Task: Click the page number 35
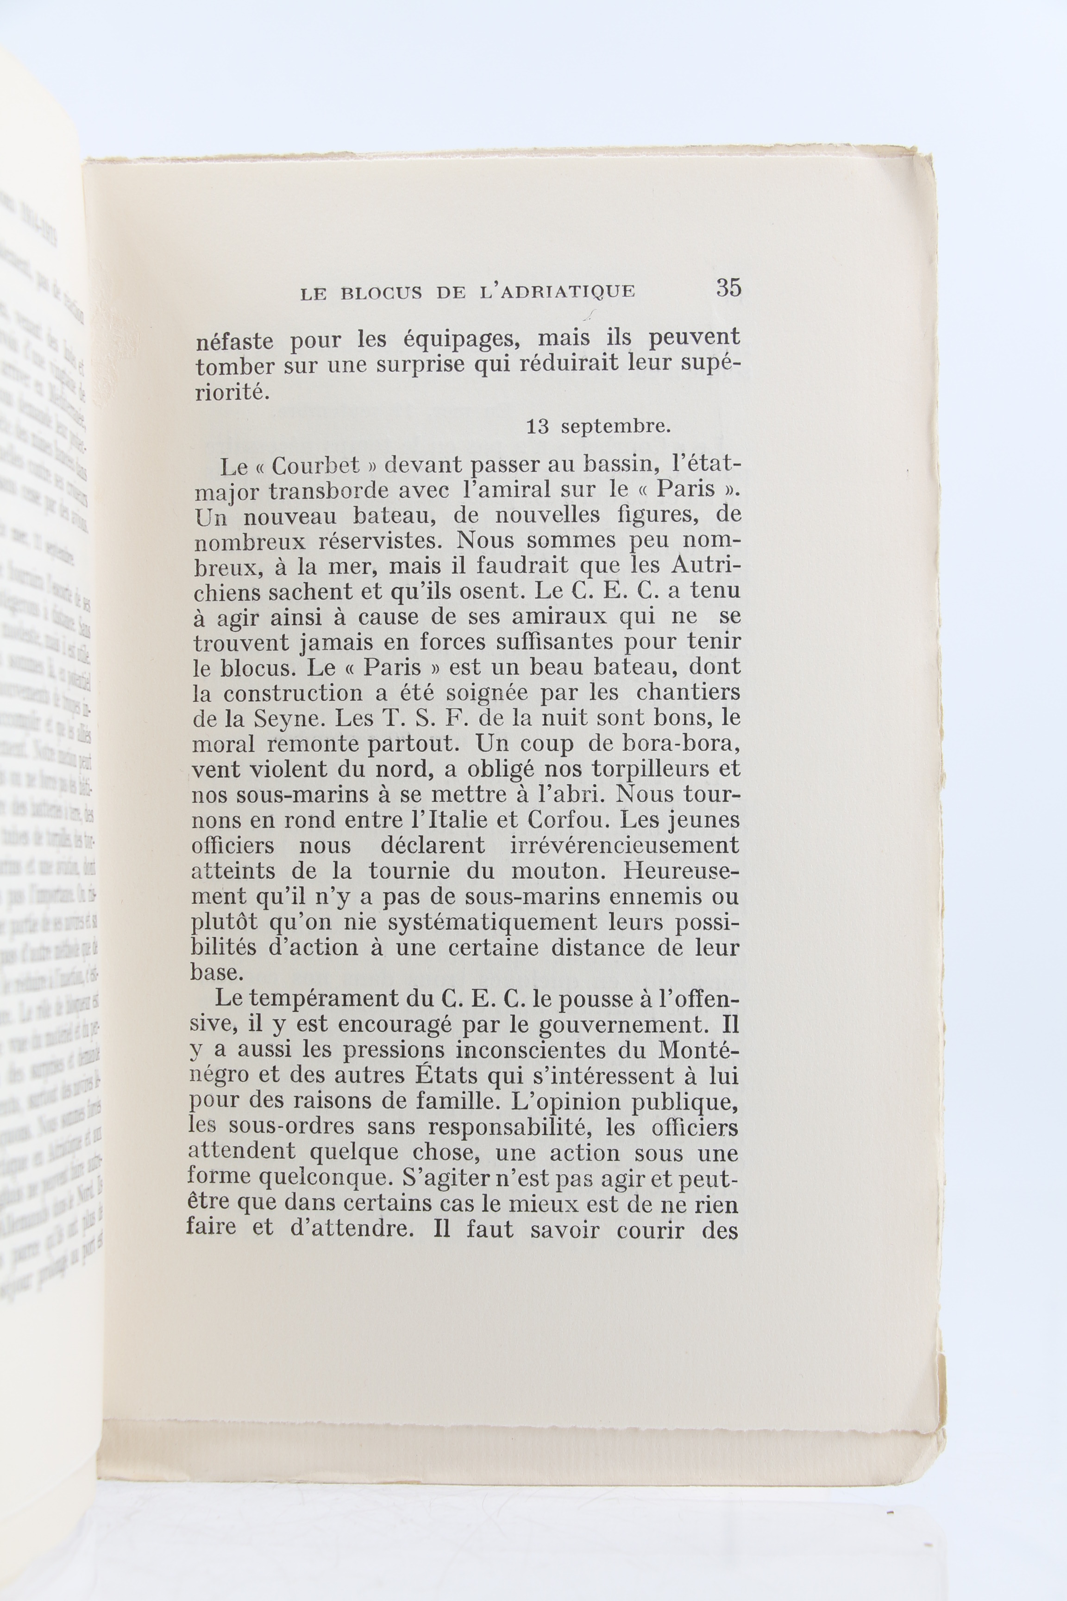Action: [x=728, y=288]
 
